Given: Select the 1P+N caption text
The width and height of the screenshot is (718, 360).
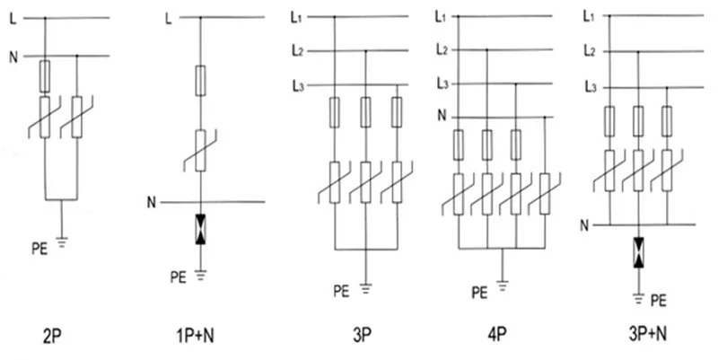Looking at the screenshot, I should [x=194, y=338].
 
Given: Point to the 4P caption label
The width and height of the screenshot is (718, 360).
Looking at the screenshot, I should [x=495, y=338].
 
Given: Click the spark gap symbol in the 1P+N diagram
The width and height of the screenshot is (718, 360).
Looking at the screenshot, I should [x=200, y=229].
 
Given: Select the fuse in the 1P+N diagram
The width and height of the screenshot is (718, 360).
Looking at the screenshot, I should [x=200, y=81].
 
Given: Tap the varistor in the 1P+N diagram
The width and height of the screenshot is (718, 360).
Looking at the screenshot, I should [x=200, y=149].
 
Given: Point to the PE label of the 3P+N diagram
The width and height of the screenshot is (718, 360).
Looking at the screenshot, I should [x=658, y=298].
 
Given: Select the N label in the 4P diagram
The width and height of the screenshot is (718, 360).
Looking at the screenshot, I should [x=440, y=115].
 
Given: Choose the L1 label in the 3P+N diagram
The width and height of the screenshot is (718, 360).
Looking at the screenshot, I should [x=590, y=15].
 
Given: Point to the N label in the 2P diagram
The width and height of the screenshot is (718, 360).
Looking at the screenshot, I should [x=13, y=57].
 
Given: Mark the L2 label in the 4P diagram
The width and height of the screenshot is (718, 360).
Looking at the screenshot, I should [x=441, y=49].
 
